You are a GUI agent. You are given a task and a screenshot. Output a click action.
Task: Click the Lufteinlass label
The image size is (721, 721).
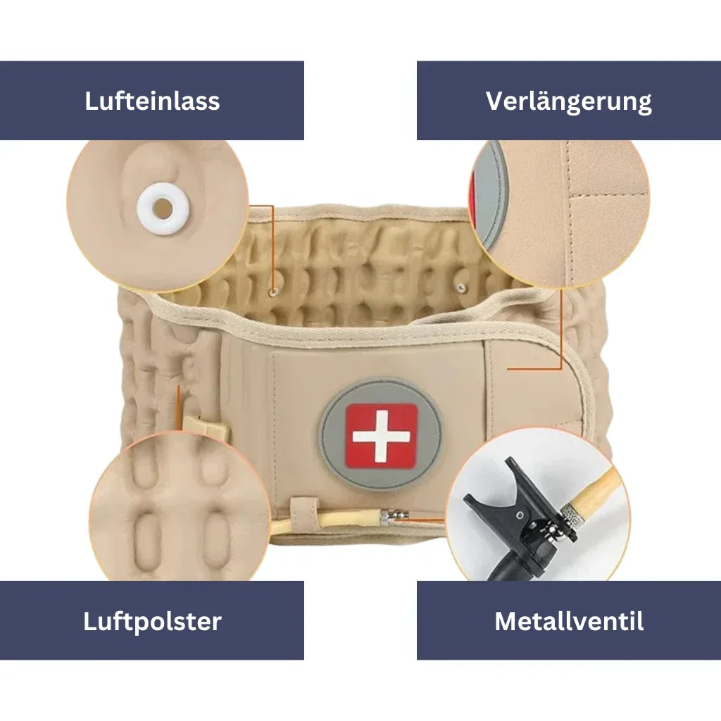pos(152,101)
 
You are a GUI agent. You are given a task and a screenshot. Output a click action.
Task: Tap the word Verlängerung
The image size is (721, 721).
pos(568,101)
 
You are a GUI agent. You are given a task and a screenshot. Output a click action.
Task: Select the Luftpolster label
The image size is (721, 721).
pos(152,621)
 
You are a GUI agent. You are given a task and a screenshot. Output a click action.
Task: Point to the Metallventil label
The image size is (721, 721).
pos(568,621)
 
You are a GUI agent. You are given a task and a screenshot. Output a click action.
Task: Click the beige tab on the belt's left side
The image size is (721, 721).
pos(204,427)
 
